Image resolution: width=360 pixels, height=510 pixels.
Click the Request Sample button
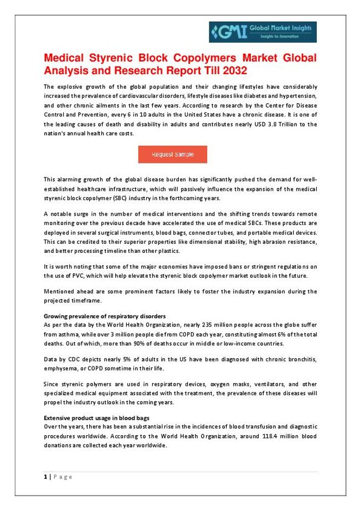pos(172,155)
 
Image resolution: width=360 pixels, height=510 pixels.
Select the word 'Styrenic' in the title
pos(116,59)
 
